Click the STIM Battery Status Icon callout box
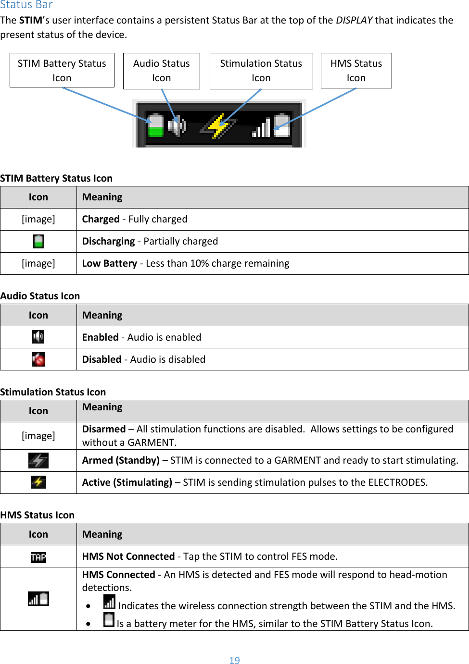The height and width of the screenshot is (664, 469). (62, 70)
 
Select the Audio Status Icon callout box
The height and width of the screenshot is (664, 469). (162, 71)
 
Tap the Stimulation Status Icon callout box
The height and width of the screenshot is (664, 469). (261, 71)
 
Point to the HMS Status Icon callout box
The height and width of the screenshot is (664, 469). (356, 71)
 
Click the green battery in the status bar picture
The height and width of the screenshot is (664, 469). (155, 125)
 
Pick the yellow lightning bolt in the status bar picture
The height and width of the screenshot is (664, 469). (219, 126)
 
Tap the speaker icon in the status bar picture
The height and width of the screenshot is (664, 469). (177, 126)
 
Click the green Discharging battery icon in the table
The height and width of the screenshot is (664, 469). (38, 241)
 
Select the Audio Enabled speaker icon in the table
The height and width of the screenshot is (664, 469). (38, 337)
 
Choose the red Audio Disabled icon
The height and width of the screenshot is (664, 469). (38, 359)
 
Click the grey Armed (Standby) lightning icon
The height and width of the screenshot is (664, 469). (38, 460)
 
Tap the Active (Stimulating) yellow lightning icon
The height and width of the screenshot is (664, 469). (38, 482)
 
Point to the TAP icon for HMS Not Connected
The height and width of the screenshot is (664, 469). (38, 557)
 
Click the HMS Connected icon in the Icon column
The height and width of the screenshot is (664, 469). (38, 599)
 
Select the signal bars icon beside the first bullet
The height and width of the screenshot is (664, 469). (110, 602)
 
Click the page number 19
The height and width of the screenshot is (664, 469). (234, 660)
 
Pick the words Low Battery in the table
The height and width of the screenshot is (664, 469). (110, 263)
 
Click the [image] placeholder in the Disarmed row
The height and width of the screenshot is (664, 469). (38, 436)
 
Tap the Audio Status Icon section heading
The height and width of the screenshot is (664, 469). (40, 296)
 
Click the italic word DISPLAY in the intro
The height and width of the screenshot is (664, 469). (354, 20)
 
